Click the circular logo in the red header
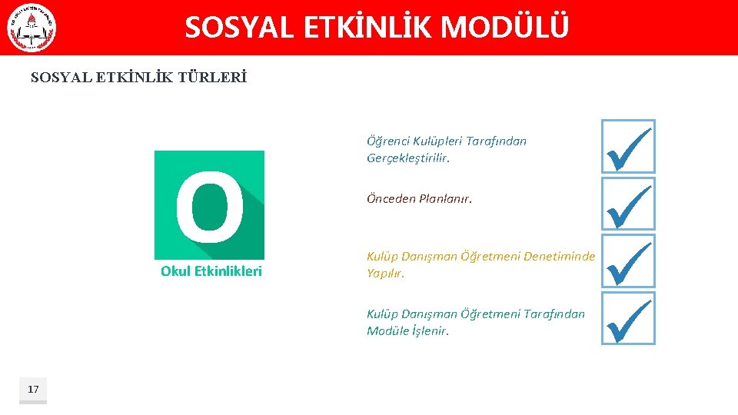[x=32, y=29]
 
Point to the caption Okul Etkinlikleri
[x=211, y=271]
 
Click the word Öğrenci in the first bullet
[x=387, y=141]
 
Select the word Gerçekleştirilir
[x=407, y=158]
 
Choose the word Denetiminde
[x=559, y=257]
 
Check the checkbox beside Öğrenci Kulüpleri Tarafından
[x=628, y=147]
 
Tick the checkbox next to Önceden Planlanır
[x=628, y=204]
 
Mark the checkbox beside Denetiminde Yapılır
[x=628, y=261]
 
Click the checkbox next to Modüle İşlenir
[x=628, y=318]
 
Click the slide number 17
[x=33, y=389]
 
